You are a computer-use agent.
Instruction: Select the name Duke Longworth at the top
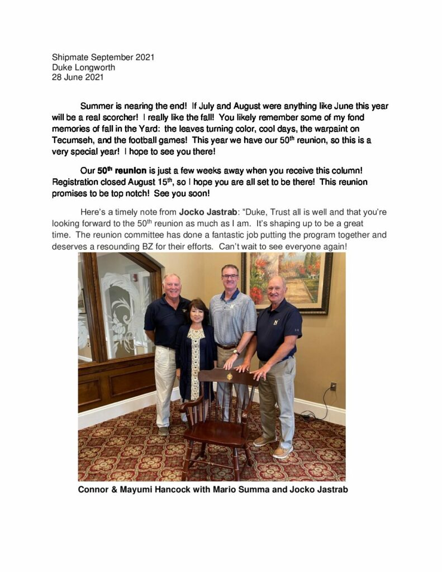[x=83, y=68]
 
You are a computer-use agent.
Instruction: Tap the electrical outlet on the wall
[x=333, y=386]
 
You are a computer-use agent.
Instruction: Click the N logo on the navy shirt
[x=275, y=322]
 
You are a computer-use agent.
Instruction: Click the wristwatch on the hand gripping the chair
[x=236, y=352]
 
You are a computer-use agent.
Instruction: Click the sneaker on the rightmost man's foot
[x=282, y=451]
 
